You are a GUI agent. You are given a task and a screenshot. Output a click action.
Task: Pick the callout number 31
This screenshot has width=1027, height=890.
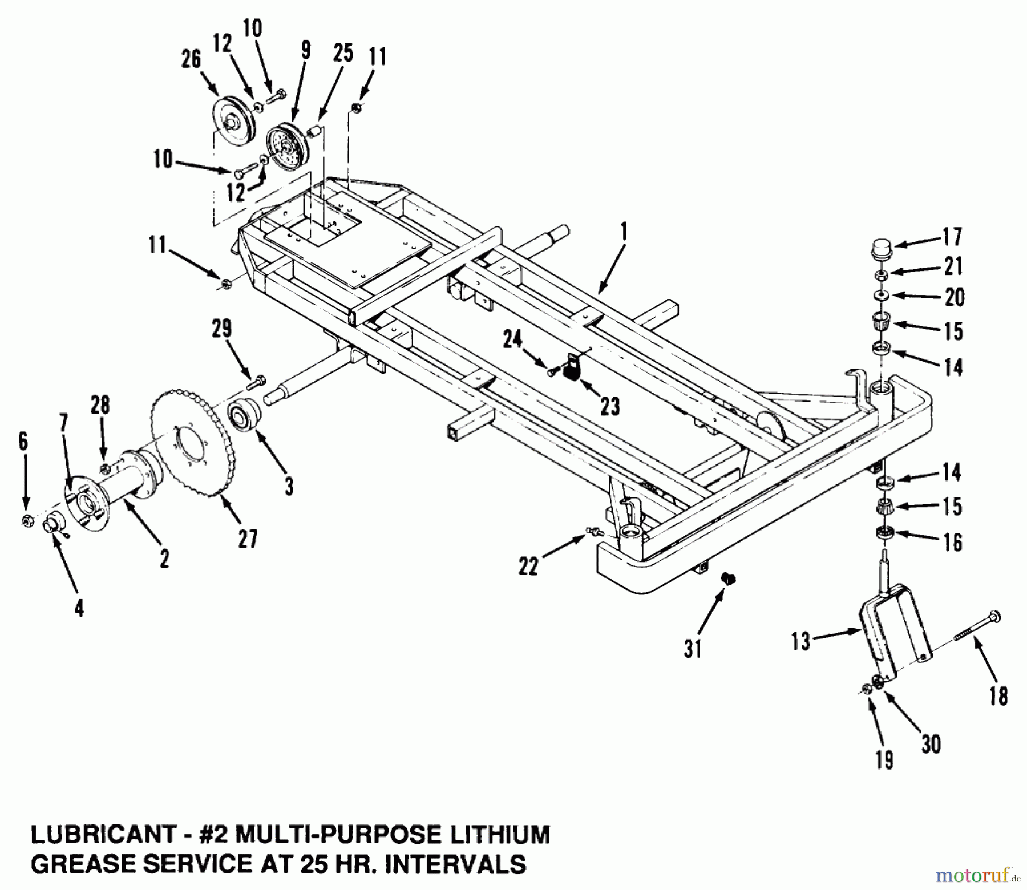pyautogui.click(x=693, y=649)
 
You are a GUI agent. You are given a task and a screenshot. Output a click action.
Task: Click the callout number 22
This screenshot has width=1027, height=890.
pyautogui.click(x=528, y=566)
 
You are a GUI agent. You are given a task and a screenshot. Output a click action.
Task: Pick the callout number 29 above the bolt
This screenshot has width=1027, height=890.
pyautogui.click(x=222, y=329)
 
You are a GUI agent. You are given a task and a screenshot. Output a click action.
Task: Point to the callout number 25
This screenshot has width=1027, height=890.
pyautogui.click(x=342, y=53)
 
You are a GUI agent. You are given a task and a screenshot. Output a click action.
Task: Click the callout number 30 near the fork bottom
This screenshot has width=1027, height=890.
pyautogui.click(x=931, y=744)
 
